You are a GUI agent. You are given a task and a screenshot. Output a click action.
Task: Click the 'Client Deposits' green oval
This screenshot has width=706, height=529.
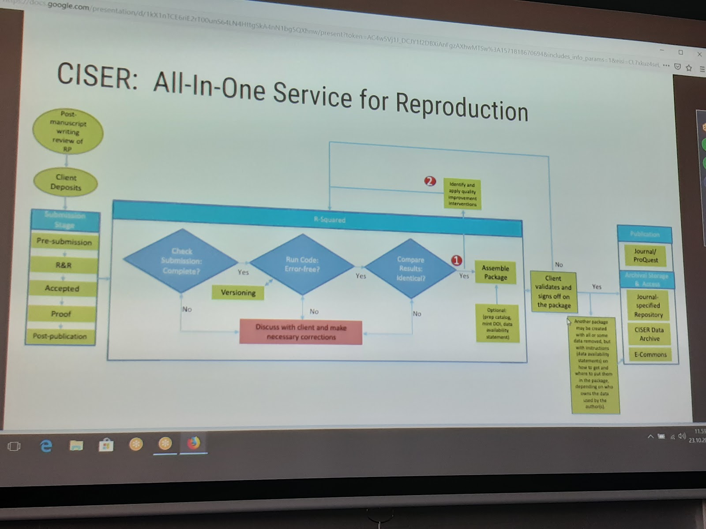tap(66, 182)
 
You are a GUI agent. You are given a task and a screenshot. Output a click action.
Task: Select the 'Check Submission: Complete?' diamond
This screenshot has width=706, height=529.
tap(181, 261)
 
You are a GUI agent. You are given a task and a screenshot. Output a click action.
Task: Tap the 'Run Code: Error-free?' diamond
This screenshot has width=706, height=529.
tap(302, 264)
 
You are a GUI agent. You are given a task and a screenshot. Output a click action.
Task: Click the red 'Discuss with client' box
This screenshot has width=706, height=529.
tap(301, 332)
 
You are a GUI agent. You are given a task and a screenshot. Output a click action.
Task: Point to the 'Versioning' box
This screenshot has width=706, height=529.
tap(238, 293)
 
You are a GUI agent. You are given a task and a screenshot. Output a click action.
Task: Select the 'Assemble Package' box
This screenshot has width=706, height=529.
tap(495, 272)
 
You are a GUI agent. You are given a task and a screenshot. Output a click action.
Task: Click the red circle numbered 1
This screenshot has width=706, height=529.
tap(456, 261)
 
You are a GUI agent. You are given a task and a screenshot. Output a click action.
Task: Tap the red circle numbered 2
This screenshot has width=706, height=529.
tap(430, 181)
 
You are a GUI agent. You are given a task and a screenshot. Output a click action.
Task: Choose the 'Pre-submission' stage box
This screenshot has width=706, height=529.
tap(64, 242)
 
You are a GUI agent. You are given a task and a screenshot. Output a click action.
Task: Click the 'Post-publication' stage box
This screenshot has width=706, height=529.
tap(60, 336)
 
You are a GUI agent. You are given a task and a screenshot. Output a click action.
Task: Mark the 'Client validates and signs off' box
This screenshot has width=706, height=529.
tap(553, 291)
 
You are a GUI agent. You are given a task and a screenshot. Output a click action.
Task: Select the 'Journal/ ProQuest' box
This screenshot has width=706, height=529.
tap(645, 256)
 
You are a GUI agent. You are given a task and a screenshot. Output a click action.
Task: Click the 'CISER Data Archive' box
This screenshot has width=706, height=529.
tap(649, 334)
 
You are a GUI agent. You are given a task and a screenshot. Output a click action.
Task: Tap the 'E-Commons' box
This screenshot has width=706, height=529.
tap(650, 354)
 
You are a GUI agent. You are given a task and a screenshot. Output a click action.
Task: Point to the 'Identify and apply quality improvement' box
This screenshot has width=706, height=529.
tap(462, 194)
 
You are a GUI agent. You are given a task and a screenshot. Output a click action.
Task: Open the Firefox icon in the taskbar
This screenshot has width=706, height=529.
tap(193, 443)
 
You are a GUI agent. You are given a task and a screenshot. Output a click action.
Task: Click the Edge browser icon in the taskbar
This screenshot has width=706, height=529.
tap(46, 446)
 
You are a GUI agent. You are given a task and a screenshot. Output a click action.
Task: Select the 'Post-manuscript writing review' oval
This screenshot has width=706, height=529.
tap(68, 131)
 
